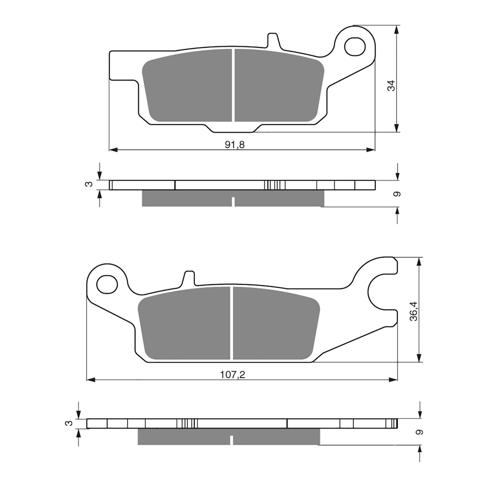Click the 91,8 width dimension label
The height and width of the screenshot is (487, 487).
(234, 145)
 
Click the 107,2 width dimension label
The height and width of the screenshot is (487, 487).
(233, 375)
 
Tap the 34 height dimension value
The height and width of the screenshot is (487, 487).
(391, 86)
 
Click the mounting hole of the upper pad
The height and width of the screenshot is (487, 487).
(355, 46)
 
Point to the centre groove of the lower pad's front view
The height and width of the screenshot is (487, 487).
(232, 323)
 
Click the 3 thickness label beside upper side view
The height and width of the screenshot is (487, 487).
(89, 184)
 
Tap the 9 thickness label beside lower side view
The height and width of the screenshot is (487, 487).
(420, 432)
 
